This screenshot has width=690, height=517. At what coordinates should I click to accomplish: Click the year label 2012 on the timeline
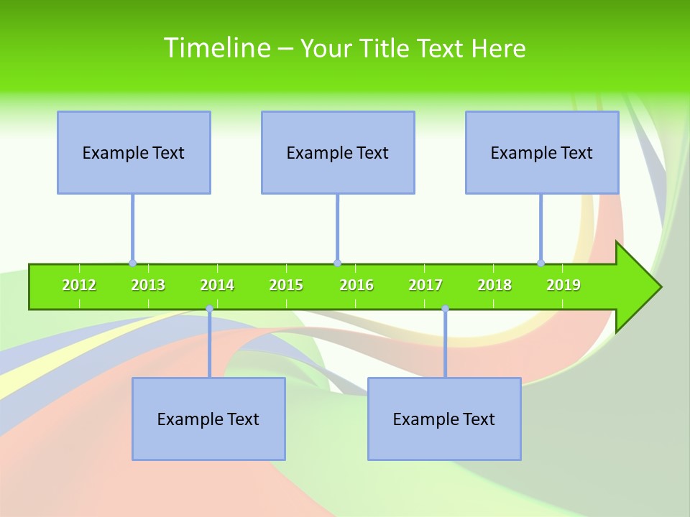(79, 286)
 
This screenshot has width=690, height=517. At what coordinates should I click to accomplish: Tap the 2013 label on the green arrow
(148, 286)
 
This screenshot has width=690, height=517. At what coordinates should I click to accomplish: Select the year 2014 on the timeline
(217, 286)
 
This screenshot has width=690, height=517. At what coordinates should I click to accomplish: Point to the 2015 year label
(286, 286)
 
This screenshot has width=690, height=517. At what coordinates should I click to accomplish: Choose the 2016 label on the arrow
(356, 286)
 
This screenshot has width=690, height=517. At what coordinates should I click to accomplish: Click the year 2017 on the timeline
(425, 286)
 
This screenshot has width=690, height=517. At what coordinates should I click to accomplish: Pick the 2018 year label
(494, 286)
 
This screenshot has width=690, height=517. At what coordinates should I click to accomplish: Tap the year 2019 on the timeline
(563, 286)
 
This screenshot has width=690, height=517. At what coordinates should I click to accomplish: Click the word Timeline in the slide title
(216, 48)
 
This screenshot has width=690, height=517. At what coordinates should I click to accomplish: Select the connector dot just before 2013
(132, 264)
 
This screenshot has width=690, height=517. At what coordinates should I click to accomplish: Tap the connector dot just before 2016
(337, 264)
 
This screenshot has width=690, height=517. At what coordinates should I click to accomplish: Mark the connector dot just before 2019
(541, 264)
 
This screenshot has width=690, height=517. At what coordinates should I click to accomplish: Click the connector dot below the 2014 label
(209, 309)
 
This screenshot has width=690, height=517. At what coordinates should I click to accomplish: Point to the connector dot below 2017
(445, 309)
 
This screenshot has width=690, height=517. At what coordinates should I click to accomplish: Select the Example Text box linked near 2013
(134, 153)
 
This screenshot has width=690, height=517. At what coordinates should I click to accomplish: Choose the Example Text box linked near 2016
(338, 153)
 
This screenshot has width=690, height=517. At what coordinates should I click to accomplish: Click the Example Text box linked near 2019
(542, 153)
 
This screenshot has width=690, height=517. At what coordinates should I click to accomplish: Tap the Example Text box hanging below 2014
(208, 419)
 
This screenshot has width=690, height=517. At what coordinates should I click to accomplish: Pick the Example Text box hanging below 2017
(444, 419)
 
